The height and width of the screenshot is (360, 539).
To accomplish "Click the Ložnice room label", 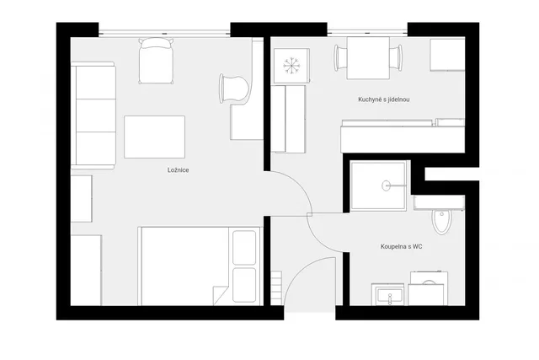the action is pos(178,170).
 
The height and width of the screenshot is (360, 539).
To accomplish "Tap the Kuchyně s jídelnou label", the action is pos(384,99).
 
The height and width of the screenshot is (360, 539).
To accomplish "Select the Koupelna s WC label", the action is pos(402,246).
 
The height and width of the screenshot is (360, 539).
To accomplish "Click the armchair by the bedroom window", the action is pos(156,61).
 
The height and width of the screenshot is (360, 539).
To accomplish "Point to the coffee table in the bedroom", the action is pos(154,137).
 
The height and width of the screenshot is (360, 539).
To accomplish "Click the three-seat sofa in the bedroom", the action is pos(93,116).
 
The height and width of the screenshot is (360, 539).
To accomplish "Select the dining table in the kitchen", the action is pos(368,58).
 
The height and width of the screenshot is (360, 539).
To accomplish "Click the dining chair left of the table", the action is pos(341,58).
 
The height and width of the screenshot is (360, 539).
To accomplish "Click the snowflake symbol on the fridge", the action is pos(291,65).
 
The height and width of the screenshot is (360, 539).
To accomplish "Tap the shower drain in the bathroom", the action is pos(387,185).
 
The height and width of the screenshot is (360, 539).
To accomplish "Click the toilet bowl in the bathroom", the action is pos(441,221).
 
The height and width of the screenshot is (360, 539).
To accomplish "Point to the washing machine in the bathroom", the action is pos(429,288).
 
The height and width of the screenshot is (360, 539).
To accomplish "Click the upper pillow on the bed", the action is pos(244,248).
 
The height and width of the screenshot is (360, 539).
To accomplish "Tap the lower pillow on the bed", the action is pos(244,285).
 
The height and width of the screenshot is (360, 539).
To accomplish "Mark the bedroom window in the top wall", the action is pos(164,34).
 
